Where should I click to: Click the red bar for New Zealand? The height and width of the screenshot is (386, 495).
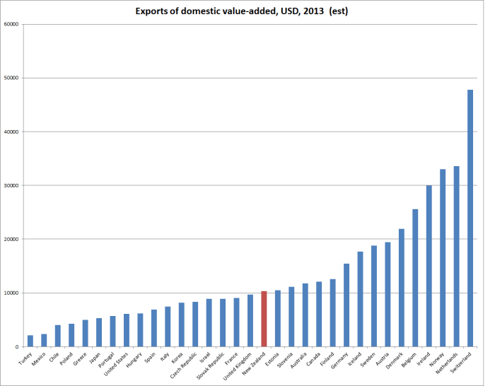tap(264, 319)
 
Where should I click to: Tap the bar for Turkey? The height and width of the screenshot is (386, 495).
tap(30, 341)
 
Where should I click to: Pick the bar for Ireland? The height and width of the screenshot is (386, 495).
tap(429, 266)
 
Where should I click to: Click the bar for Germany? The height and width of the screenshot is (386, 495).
tap(346, 305)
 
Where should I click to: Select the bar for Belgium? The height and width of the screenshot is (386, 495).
tap(415, 278)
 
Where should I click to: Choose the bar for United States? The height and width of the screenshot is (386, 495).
tap(127, 330)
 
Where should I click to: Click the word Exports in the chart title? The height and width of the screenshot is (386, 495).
tap(153, 11)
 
